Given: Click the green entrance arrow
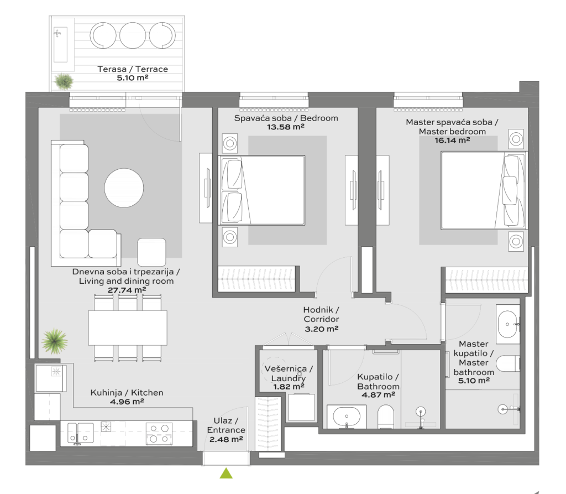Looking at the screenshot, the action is [x=226, y=473].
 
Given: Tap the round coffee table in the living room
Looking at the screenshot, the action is [x=124, y=188].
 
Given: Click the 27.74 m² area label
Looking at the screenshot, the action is [x=127, y=290].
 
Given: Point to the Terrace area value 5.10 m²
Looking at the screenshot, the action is [x=133, y=77].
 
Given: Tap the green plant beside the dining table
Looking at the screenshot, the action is [x=54, y=341].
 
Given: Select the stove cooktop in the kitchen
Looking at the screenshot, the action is [x=159, y=433].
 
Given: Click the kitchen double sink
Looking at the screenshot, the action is [x=81, y=433].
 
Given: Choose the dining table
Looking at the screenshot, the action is [x=128, y=328].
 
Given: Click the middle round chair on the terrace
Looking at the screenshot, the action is [x=133, y=35].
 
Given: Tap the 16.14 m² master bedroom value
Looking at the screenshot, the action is [x=452, y=141].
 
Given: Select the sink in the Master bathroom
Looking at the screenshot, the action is [x=507, y=324].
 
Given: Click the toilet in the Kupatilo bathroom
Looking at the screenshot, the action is [x=386, y=417].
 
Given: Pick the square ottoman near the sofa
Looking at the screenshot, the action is [x=151, y=252].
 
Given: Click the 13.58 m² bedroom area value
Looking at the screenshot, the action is [x=286, y=127].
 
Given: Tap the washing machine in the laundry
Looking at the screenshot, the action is [x=301, y=407].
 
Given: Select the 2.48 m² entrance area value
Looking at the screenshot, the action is [x=226, y=439].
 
